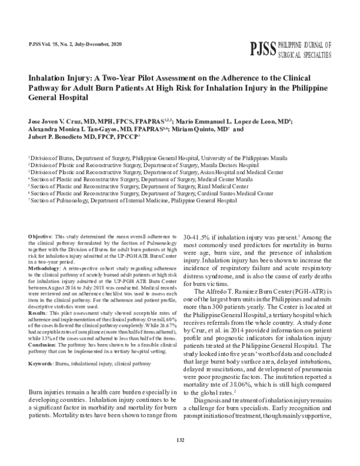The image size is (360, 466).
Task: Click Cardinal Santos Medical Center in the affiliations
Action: [x=235, y=193]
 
